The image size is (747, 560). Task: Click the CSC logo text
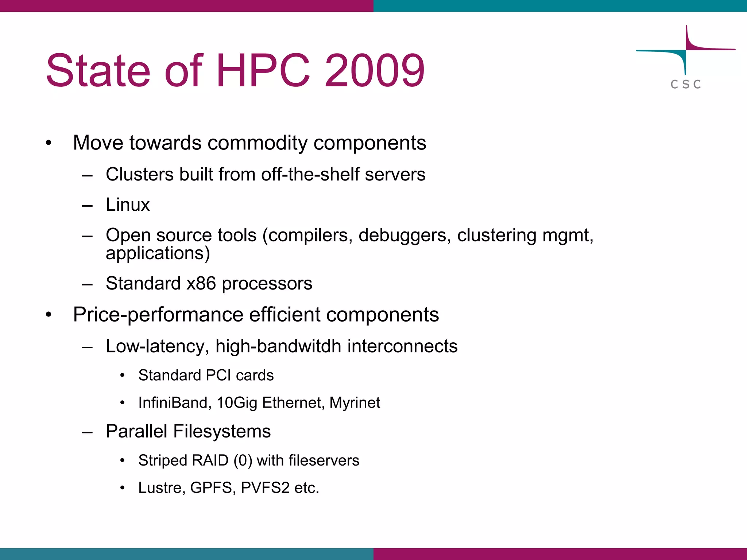(686, 84)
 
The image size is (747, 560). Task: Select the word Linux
(128, 205)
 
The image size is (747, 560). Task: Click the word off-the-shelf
(310, 174)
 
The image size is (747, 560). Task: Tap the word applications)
(158, 253)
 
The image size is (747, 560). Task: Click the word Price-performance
(158, 315)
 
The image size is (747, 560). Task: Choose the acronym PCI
(218, 375)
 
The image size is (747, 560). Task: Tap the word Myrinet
(355, 403)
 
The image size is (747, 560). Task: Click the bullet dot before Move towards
(49, 143)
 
